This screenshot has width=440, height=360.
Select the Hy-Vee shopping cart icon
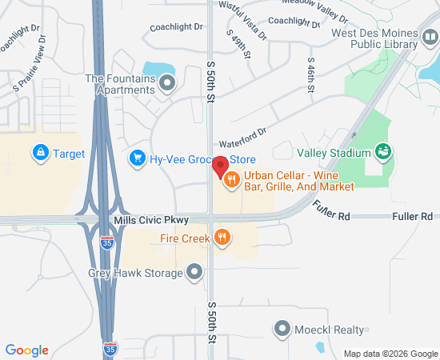click(x=137, y=158)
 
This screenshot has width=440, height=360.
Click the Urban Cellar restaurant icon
click(x=231, y=180)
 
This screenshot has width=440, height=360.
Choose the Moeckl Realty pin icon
click(x=282, y=329)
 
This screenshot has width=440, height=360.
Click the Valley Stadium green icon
click(x=383, y=152)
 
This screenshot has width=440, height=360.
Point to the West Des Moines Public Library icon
click(x=431, y=38)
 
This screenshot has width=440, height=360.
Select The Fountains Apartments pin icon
click(x=167, y=83)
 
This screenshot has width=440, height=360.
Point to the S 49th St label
click(x=236, y=44)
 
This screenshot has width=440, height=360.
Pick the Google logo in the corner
click(x=27, y=350)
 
